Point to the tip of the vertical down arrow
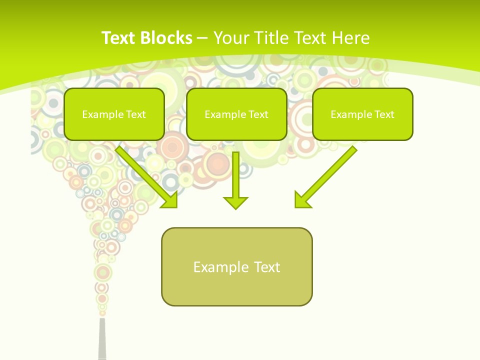[x=235, y=208]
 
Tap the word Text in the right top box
[x=384, y=114]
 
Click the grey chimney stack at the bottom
[x=102, y=340]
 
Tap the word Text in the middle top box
[x=258, y=114]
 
